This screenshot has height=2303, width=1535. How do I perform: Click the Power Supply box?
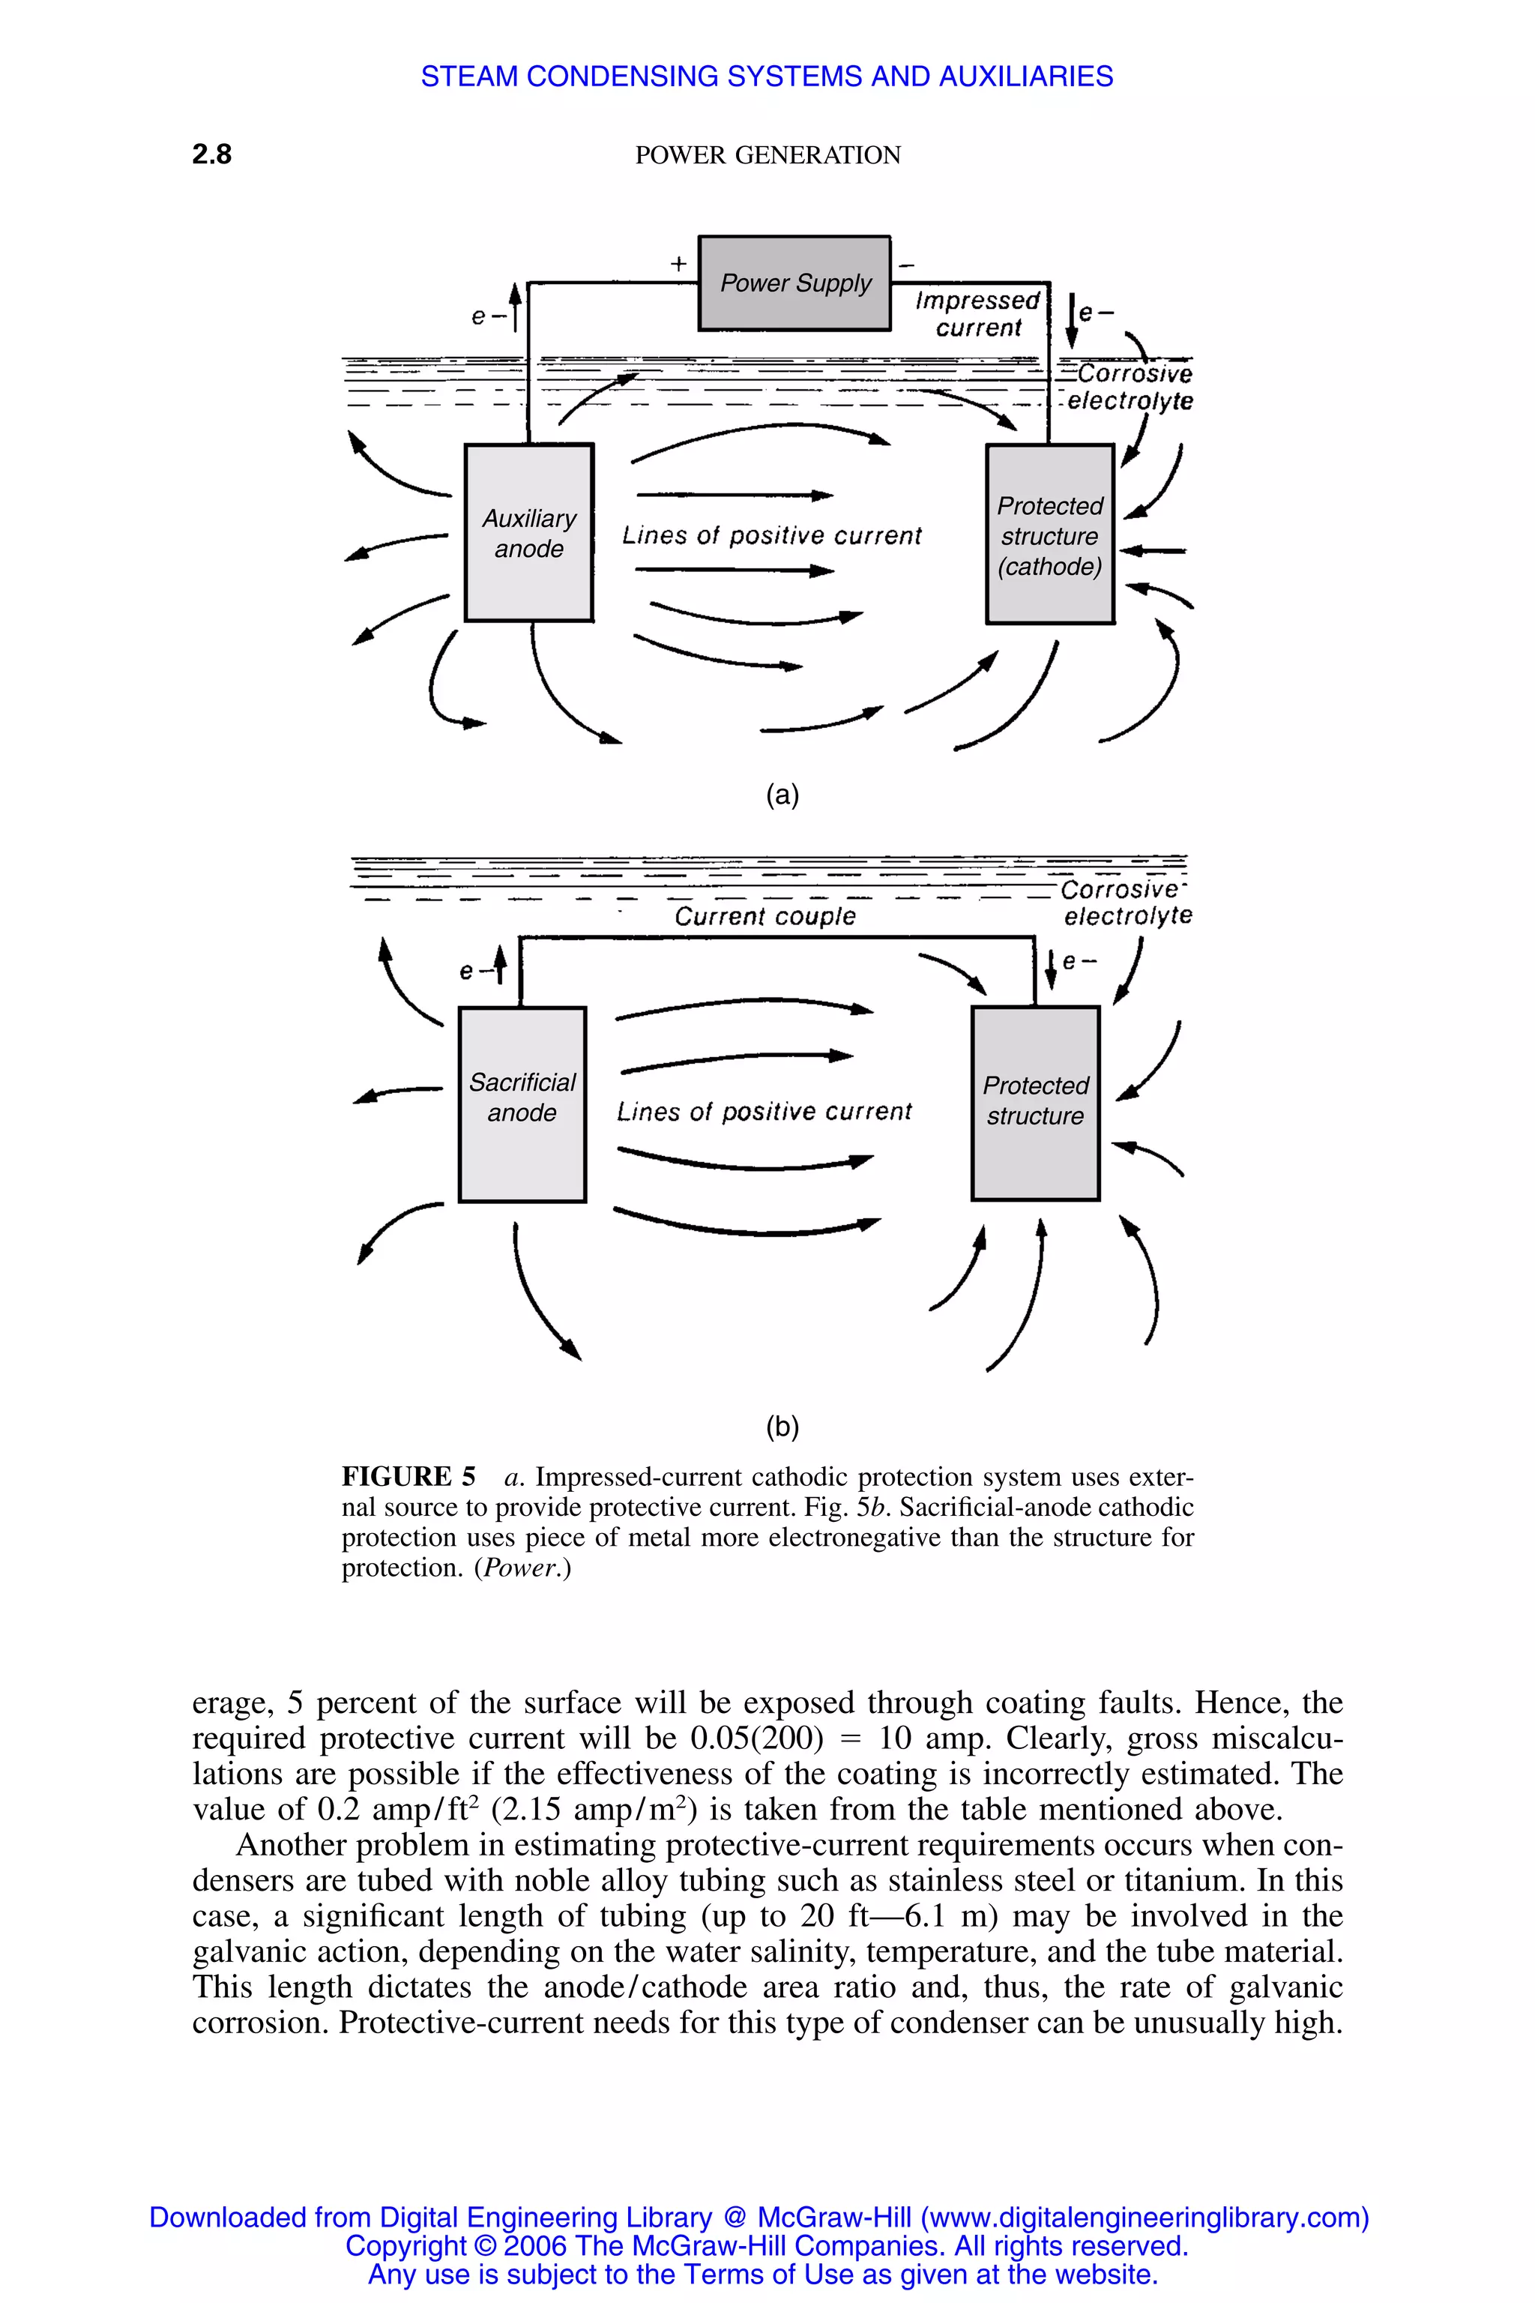794,283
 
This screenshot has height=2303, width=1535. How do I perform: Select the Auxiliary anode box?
528,533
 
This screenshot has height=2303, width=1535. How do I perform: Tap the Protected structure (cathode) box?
1049,535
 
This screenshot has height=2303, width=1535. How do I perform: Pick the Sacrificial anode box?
522,1104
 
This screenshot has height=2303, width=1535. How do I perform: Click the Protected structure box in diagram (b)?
1035,1103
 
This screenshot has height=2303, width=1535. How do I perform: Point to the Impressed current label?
977,313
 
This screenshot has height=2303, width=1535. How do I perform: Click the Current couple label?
765,917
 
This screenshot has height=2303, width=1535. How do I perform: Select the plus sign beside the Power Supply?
678,263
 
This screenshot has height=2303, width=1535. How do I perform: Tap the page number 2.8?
211,154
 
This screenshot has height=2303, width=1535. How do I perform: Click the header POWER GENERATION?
767,154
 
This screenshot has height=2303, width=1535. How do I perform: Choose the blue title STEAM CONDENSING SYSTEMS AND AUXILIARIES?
767,76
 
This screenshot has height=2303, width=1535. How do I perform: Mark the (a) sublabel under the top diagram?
782,795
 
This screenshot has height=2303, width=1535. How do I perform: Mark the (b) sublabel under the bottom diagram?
782,1427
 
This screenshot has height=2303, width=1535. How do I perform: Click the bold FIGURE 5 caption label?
408,1477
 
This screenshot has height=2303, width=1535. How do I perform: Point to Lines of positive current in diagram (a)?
771,535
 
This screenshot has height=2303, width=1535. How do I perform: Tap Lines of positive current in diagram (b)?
764,1111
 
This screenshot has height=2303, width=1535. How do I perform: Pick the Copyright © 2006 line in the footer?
767,2245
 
